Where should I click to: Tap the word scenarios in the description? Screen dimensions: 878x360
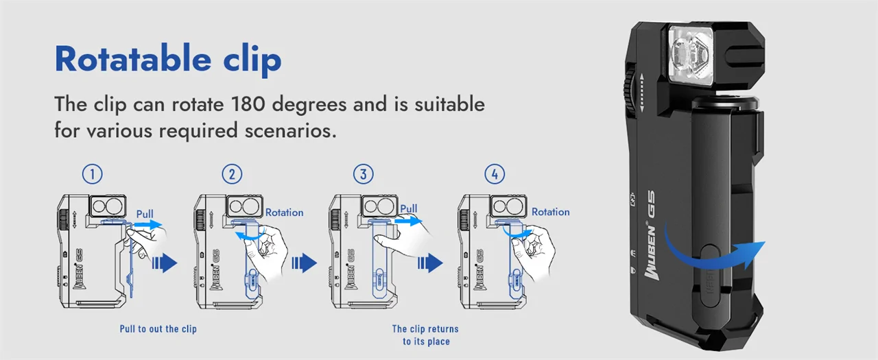pos(290,130)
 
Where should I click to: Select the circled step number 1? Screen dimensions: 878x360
pos(92,174)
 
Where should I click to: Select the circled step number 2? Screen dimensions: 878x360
pos(232,174)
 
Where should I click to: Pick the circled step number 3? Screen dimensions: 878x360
pos(364,174)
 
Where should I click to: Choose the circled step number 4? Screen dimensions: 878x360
pos(495,174)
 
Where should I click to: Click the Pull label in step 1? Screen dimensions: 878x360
pos(145,214)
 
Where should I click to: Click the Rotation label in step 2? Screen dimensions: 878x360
pos(284,213)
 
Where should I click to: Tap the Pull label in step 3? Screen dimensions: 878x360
pos(408,208)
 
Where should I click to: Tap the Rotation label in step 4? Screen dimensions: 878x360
pos(550,211)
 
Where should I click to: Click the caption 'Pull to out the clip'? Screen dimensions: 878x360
pos(158,328)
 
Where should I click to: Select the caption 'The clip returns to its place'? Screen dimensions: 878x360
pos(426,335)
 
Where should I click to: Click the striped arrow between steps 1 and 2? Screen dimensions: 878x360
pos(165,263)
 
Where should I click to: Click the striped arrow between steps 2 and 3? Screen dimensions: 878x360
pos(304,263)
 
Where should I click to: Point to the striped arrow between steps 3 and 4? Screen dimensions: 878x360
pos(430,263)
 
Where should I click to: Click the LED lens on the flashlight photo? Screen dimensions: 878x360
pos(691,55)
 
